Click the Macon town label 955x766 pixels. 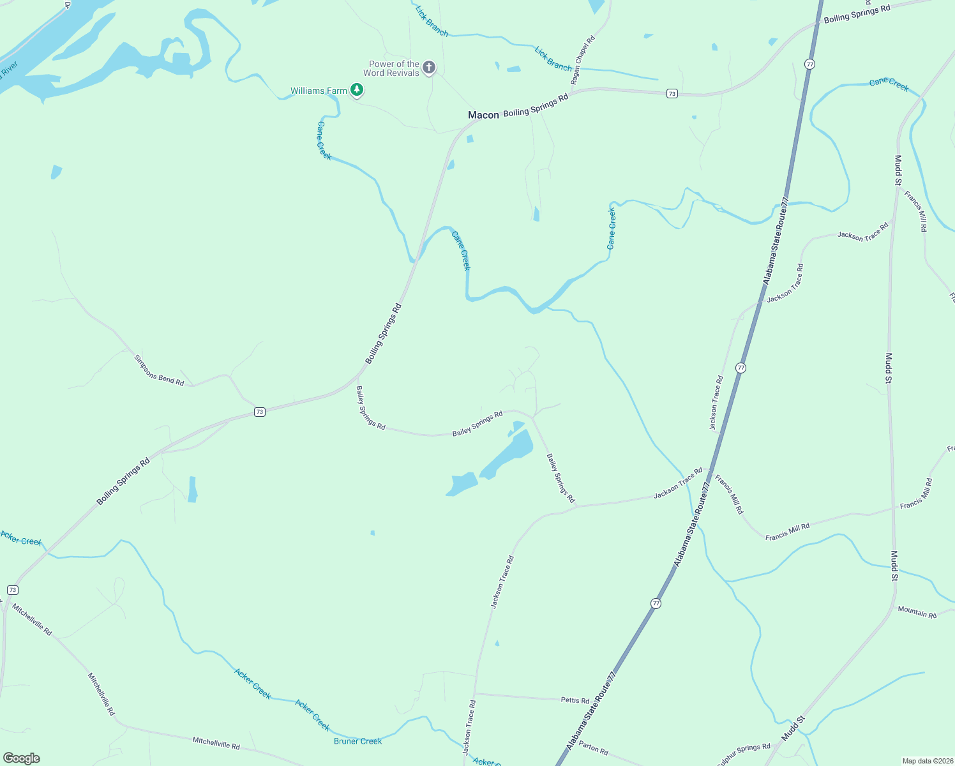483,115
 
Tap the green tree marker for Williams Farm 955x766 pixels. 357,90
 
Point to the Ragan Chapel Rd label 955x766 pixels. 583,60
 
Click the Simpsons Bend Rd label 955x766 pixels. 159,370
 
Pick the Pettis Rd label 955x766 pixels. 575,700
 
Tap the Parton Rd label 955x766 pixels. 594,747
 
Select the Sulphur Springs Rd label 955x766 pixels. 743,751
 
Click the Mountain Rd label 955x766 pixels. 917,612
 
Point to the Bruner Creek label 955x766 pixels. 357,741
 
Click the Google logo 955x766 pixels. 22,758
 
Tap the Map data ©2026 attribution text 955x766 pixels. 926,761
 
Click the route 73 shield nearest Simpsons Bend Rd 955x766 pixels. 259,412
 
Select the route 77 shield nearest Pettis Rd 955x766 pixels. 656,603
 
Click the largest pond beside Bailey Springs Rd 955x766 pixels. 509,454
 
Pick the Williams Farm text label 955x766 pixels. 319,91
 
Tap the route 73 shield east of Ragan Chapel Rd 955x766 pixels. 672,94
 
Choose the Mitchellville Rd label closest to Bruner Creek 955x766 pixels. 216,744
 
